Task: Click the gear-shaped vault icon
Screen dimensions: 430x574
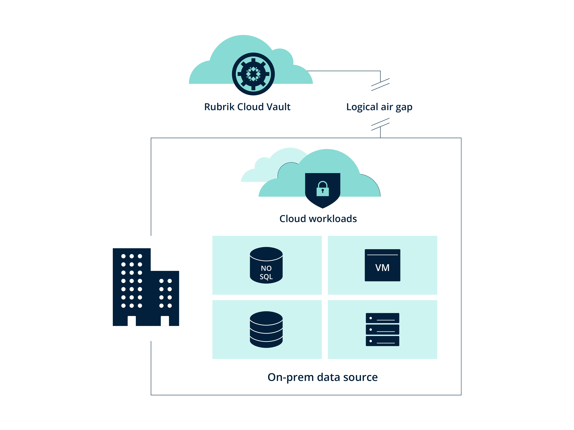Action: click(253, 74)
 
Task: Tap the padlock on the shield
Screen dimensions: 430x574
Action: click(323, 189)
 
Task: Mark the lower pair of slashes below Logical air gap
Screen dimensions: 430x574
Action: click(380, 124)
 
